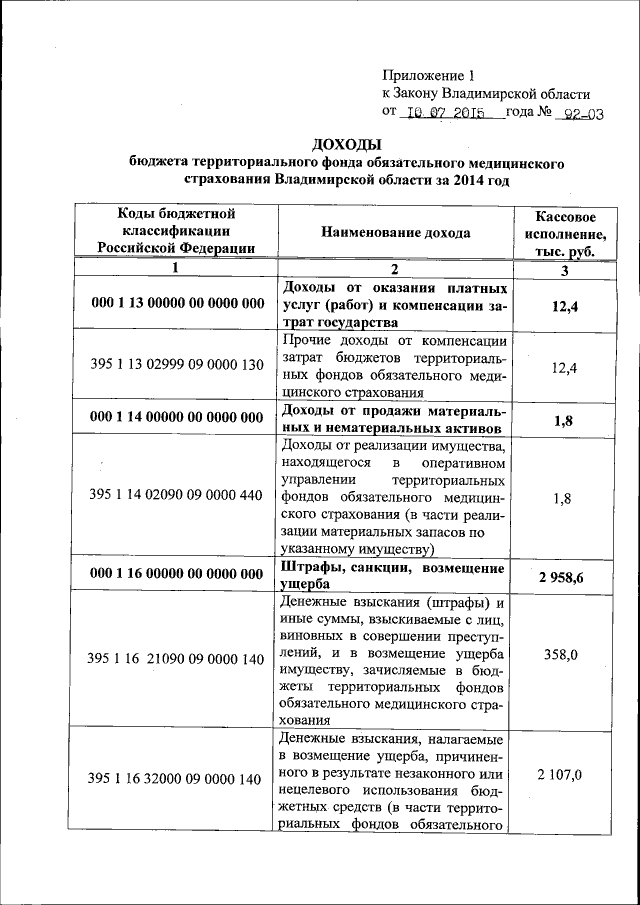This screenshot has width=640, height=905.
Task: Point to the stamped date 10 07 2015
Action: pos(449,113)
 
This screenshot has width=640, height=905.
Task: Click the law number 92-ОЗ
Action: pos(583,113)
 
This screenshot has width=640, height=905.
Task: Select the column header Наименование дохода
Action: pos(395,232)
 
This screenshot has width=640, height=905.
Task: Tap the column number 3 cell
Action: pos(565,270)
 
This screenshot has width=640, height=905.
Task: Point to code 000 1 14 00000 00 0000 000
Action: pos(176,417)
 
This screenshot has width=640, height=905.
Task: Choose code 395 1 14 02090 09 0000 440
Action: pos(176,494)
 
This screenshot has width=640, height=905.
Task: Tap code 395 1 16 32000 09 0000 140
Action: pos(176,777)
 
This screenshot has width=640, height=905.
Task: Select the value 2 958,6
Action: pos(565,577)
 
